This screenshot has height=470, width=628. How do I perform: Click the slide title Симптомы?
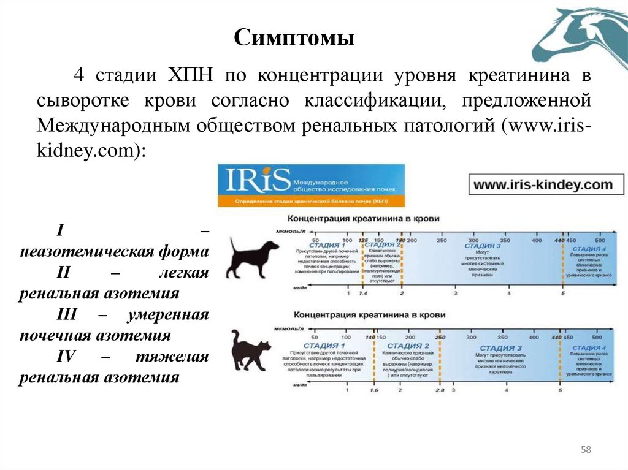[x=295, y=39]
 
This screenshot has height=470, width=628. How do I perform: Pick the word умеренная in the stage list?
[x=169, y=314]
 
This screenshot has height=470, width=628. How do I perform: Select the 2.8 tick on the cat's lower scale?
[x=439, y=390]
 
